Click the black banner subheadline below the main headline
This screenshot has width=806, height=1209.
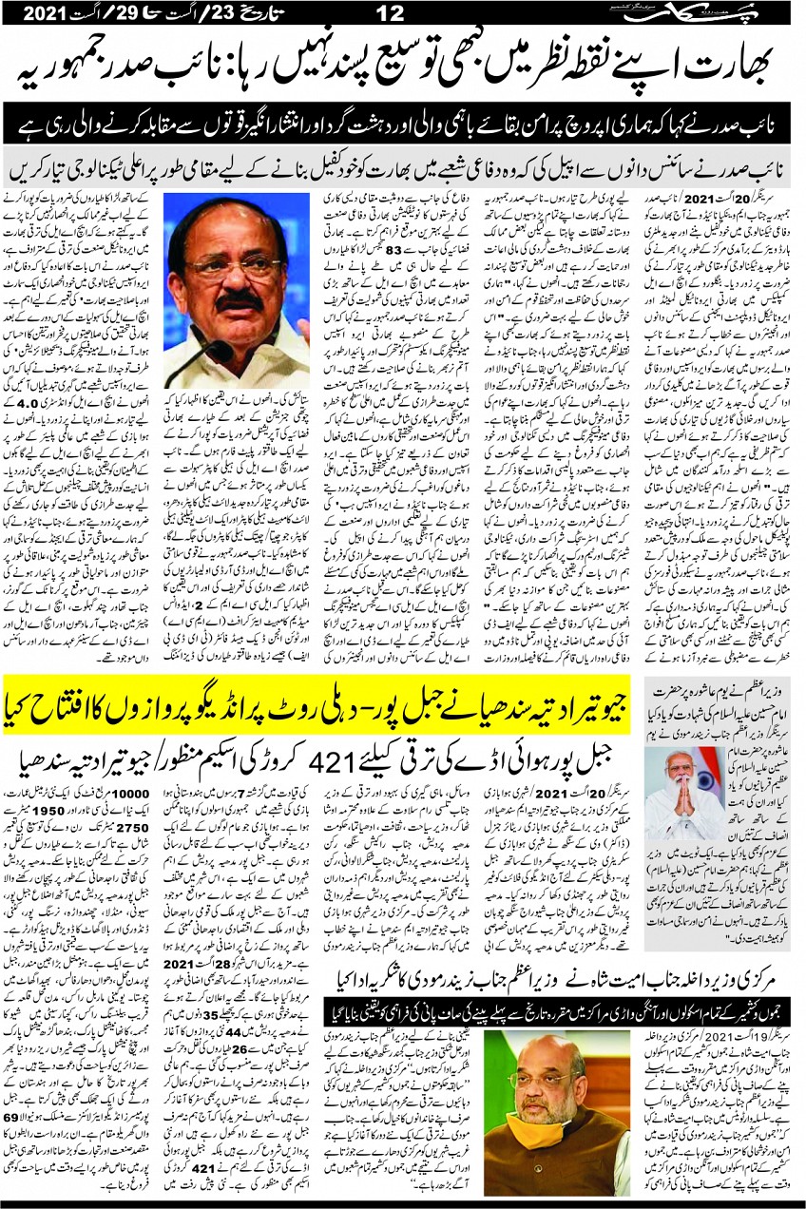(x=403, y=125)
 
